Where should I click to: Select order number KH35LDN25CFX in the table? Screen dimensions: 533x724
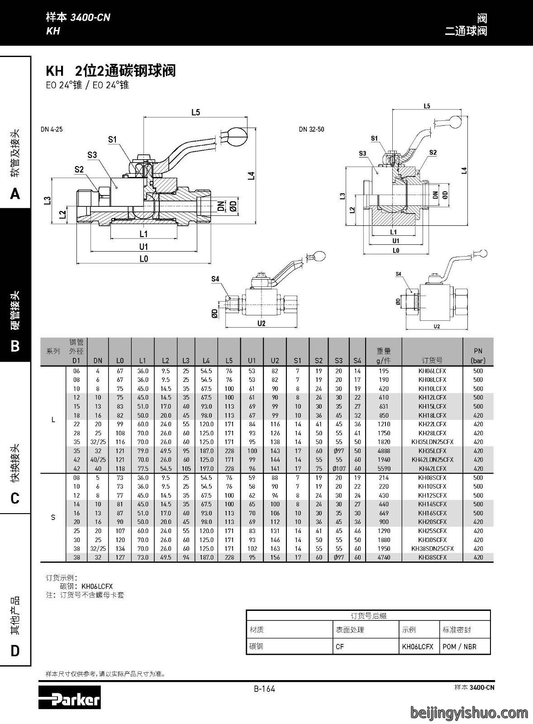pos(432,442)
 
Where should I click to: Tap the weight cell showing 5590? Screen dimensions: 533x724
pos(384,469)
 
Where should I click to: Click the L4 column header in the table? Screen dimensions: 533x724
pos(206,360)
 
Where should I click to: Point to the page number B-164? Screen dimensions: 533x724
pos(264,689)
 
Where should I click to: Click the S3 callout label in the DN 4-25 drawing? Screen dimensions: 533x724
pos(92,155)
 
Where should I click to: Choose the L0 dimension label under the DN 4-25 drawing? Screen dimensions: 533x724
pos(144,259)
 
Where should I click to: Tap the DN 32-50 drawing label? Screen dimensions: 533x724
pos(311,129)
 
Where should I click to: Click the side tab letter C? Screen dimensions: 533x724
pos(15,498)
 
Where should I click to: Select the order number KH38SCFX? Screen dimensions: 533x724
pos(432,557)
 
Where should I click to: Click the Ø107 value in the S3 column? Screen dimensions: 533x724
pos(338,469)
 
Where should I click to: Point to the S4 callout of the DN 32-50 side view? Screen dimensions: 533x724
pos(398,274)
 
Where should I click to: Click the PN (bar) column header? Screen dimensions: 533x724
pos(478,356)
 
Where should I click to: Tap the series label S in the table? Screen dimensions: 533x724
pos(53,518)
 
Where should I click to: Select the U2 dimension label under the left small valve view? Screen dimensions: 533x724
pos(262,323)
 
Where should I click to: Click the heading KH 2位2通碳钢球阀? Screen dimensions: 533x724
pos(111,71)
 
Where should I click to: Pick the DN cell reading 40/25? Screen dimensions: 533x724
pos(98,460)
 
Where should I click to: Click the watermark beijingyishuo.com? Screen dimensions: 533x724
pos(469,712)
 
